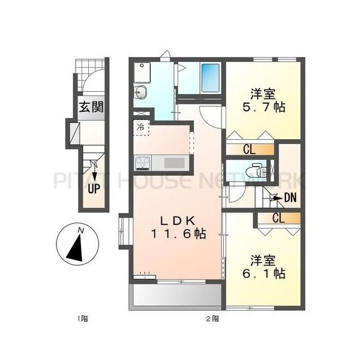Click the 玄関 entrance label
pos(91,108)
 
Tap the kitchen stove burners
pos(143,163)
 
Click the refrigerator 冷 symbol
pos(140,127)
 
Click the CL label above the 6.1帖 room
pos(278,218)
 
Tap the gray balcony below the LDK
pos(175,295)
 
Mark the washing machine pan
pos(142,71)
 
